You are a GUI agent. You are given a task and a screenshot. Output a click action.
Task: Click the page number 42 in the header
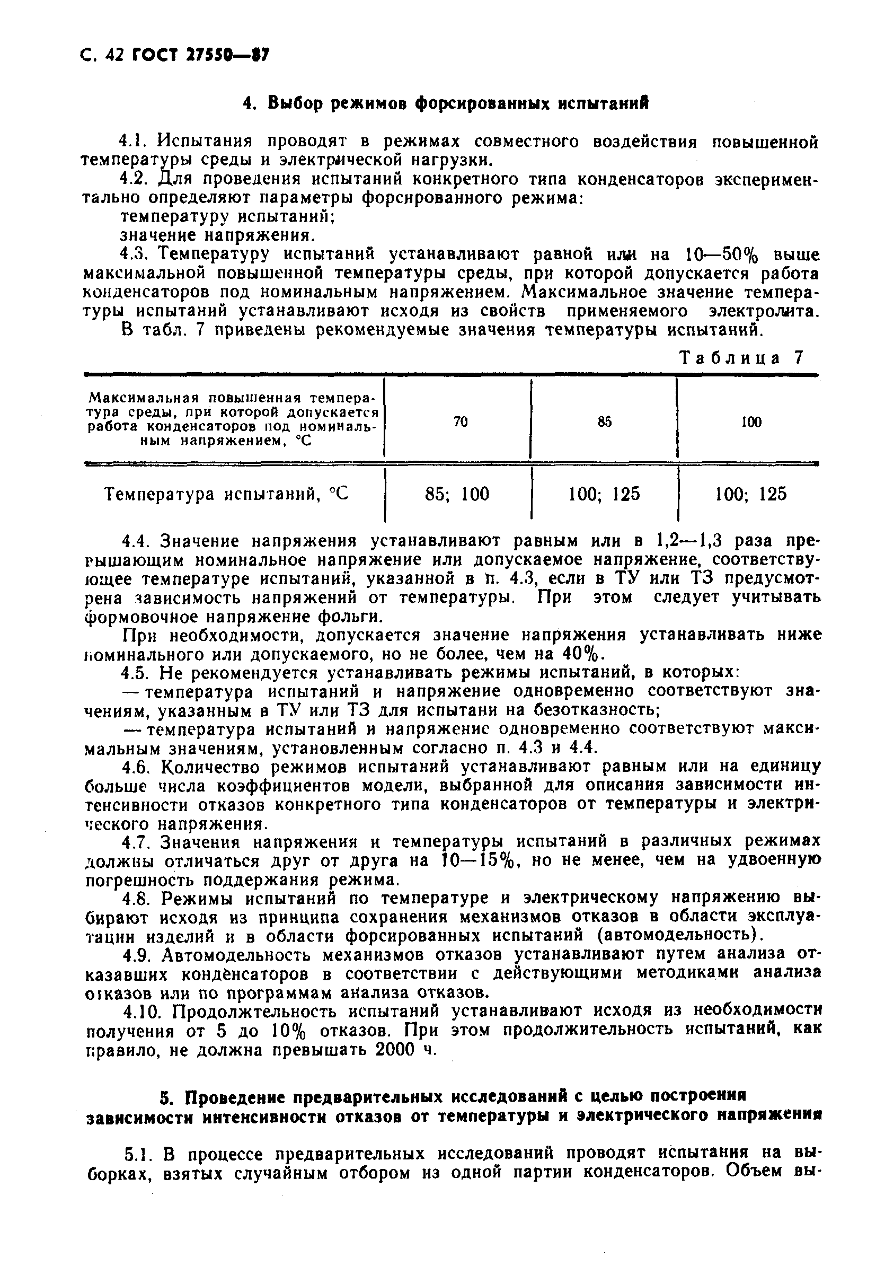pyautogui.click(x=117, y=56)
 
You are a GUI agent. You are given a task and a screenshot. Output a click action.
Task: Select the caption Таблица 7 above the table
pyautogui.click(x=741, y=358)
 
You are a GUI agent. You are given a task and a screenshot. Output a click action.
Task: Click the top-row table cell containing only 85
pyautogui.click(x=604, y=421)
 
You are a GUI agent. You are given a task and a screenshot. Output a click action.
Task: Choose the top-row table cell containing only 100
pyautogui.click(x=751, y=421)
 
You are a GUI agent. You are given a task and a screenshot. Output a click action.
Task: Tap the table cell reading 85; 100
pyautogui.click(x=457, y=494)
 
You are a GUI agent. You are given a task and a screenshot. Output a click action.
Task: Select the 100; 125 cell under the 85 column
pyautogui.click(x=604, y=494)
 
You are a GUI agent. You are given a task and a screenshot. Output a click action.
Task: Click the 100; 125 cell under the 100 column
pyautogui.click(x=751, y=494)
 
